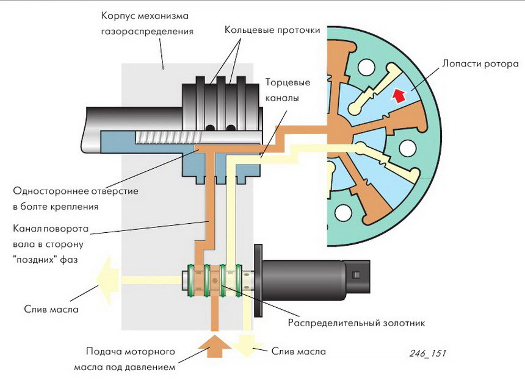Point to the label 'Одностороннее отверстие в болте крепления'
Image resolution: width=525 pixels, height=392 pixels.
(x=76, y=199)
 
